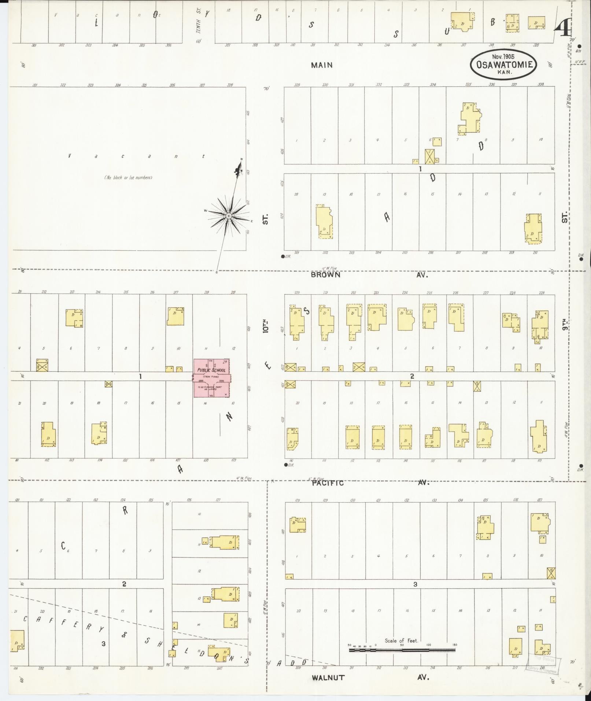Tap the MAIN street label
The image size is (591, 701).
pos(322,65)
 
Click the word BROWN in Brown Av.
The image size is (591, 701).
pos(325,275)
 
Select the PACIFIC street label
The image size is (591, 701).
pos(328,483)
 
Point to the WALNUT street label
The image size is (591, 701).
pos(328,678)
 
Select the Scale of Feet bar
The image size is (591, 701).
pos(402,650)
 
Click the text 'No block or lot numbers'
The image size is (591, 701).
pos(128,178)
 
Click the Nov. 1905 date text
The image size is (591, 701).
pos(503,57)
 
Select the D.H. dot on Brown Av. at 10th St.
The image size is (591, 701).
pos(283,257)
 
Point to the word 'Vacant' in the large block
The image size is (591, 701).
pos(136,156)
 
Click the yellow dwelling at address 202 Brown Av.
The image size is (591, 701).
pos(324,221)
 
